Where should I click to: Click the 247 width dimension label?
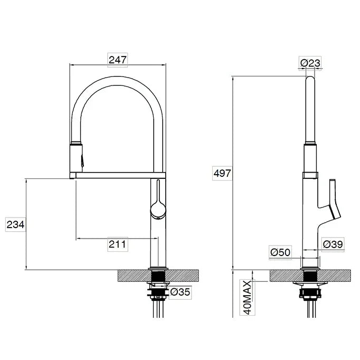[118, 60]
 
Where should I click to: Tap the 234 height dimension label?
[15, 224]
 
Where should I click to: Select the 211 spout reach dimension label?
[117, 244]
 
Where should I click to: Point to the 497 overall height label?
[222, 173]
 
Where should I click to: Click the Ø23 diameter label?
[310, 63]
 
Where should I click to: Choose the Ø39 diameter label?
[333, 244]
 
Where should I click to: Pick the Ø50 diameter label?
[280, 252]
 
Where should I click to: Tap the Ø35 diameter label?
[180, 292]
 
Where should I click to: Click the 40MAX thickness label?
[247, 298]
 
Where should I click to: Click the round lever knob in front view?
[158, 210]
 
